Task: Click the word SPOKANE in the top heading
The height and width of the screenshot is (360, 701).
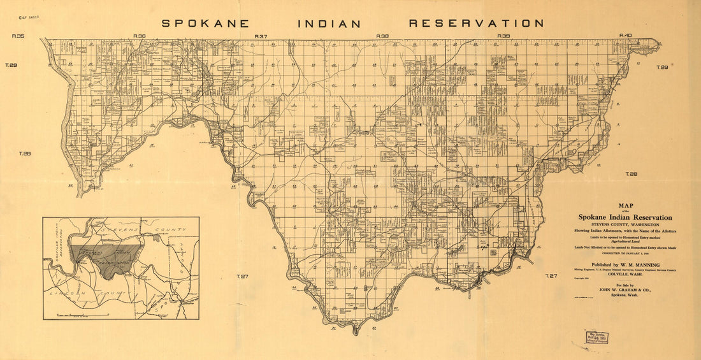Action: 210,24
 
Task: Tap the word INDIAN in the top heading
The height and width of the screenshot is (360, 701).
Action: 329,24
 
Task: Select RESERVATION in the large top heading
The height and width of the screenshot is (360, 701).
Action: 476,24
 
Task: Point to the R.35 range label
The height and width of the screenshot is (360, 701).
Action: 18,36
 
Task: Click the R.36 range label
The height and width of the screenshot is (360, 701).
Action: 140,36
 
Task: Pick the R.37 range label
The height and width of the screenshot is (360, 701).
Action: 261,36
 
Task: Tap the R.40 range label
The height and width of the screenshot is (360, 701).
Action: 625,36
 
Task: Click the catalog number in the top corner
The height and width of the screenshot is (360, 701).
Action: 28,11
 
